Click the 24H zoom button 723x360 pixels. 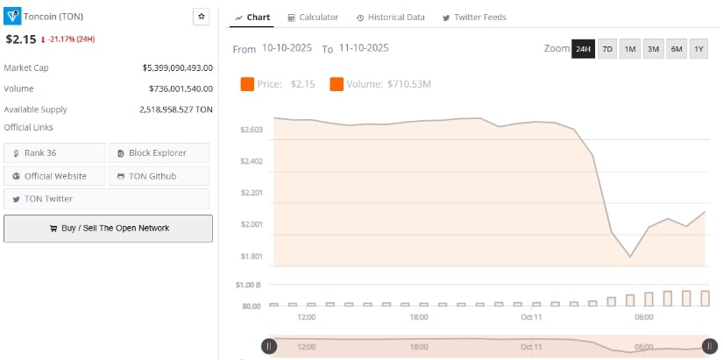point(583,49)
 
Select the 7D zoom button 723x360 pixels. point(607,49)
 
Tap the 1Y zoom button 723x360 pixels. point(698,49)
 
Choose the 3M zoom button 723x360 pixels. point(653,49)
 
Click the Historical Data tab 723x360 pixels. point(391,18)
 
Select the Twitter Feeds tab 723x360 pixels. point(474,18)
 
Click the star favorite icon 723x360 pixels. point(201,17)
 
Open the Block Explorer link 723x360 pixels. point(159,153)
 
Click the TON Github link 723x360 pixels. point(159,176)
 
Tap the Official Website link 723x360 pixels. point(54,176)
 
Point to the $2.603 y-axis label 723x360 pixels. point(252,130)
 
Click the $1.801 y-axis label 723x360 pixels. point(252,256)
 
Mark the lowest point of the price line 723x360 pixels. point(630,257)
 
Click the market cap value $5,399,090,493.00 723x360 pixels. point(178,67)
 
